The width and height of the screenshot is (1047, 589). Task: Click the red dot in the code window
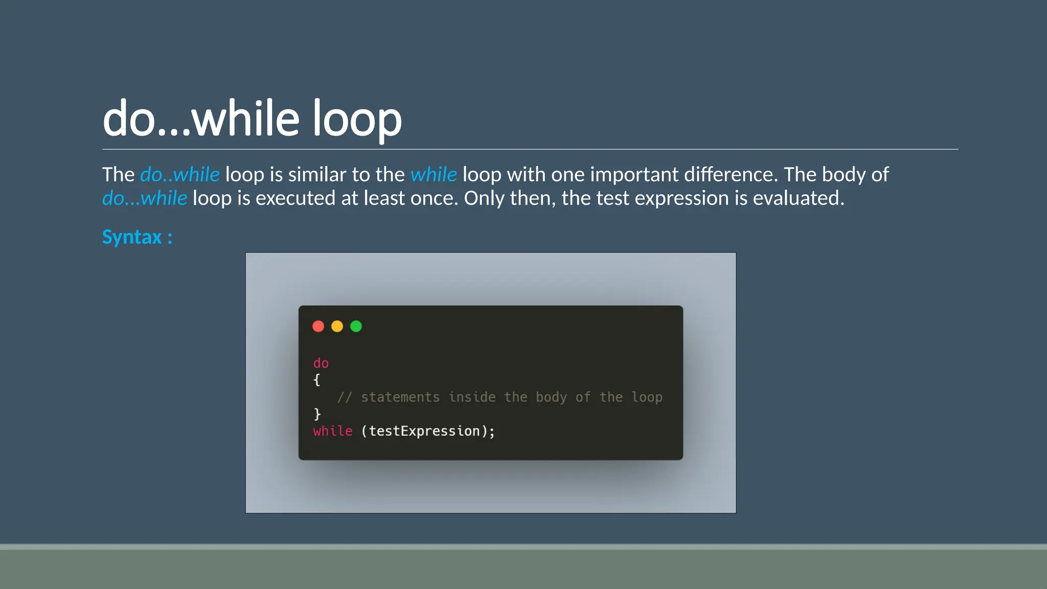318,326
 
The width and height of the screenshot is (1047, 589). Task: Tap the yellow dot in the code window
337,326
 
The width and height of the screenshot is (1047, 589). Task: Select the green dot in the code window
356,326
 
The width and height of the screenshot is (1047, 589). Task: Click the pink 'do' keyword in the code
321,363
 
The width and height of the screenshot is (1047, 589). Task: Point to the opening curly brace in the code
316,380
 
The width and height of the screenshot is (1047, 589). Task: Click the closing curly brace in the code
316,414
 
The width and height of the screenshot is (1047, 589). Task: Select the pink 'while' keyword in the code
332,431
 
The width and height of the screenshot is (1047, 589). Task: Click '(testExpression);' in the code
428,431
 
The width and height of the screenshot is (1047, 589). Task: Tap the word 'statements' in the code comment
400,397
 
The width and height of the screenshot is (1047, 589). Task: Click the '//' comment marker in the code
345,397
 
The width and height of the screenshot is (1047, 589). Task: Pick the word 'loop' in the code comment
647,397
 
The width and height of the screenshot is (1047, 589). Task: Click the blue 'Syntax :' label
137,237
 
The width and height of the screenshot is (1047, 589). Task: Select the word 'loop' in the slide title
357,119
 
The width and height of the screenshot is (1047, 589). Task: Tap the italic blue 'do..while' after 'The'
179,175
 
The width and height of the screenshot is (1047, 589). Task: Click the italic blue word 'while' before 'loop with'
434,175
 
